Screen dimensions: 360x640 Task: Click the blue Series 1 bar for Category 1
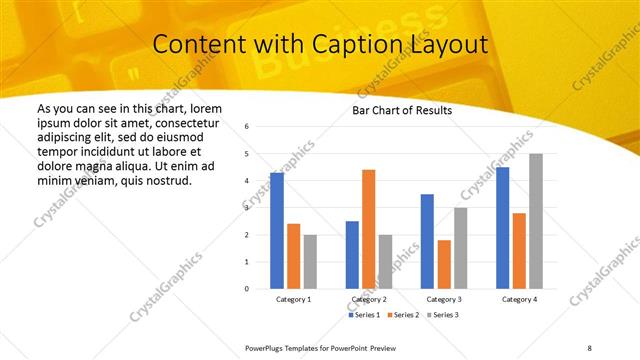277,231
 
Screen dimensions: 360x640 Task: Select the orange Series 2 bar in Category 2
368,229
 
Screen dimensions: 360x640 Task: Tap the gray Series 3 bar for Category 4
536,221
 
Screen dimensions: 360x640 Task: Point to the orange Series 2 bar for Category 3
444,264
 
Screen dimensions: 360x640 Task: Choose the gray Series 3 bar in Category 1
310,261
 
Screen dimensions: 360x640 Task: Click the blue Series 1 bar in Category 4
502,228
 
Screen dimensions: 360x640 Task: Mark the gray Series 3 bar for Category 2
385,261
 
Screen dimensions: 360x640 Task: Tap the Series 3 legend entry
443,315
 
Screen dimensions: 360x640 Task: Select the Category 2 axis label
369,300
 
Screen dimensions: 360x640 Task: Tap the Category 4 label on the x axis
519,300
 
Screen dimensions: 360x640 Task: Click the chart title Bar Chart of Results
402,110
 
